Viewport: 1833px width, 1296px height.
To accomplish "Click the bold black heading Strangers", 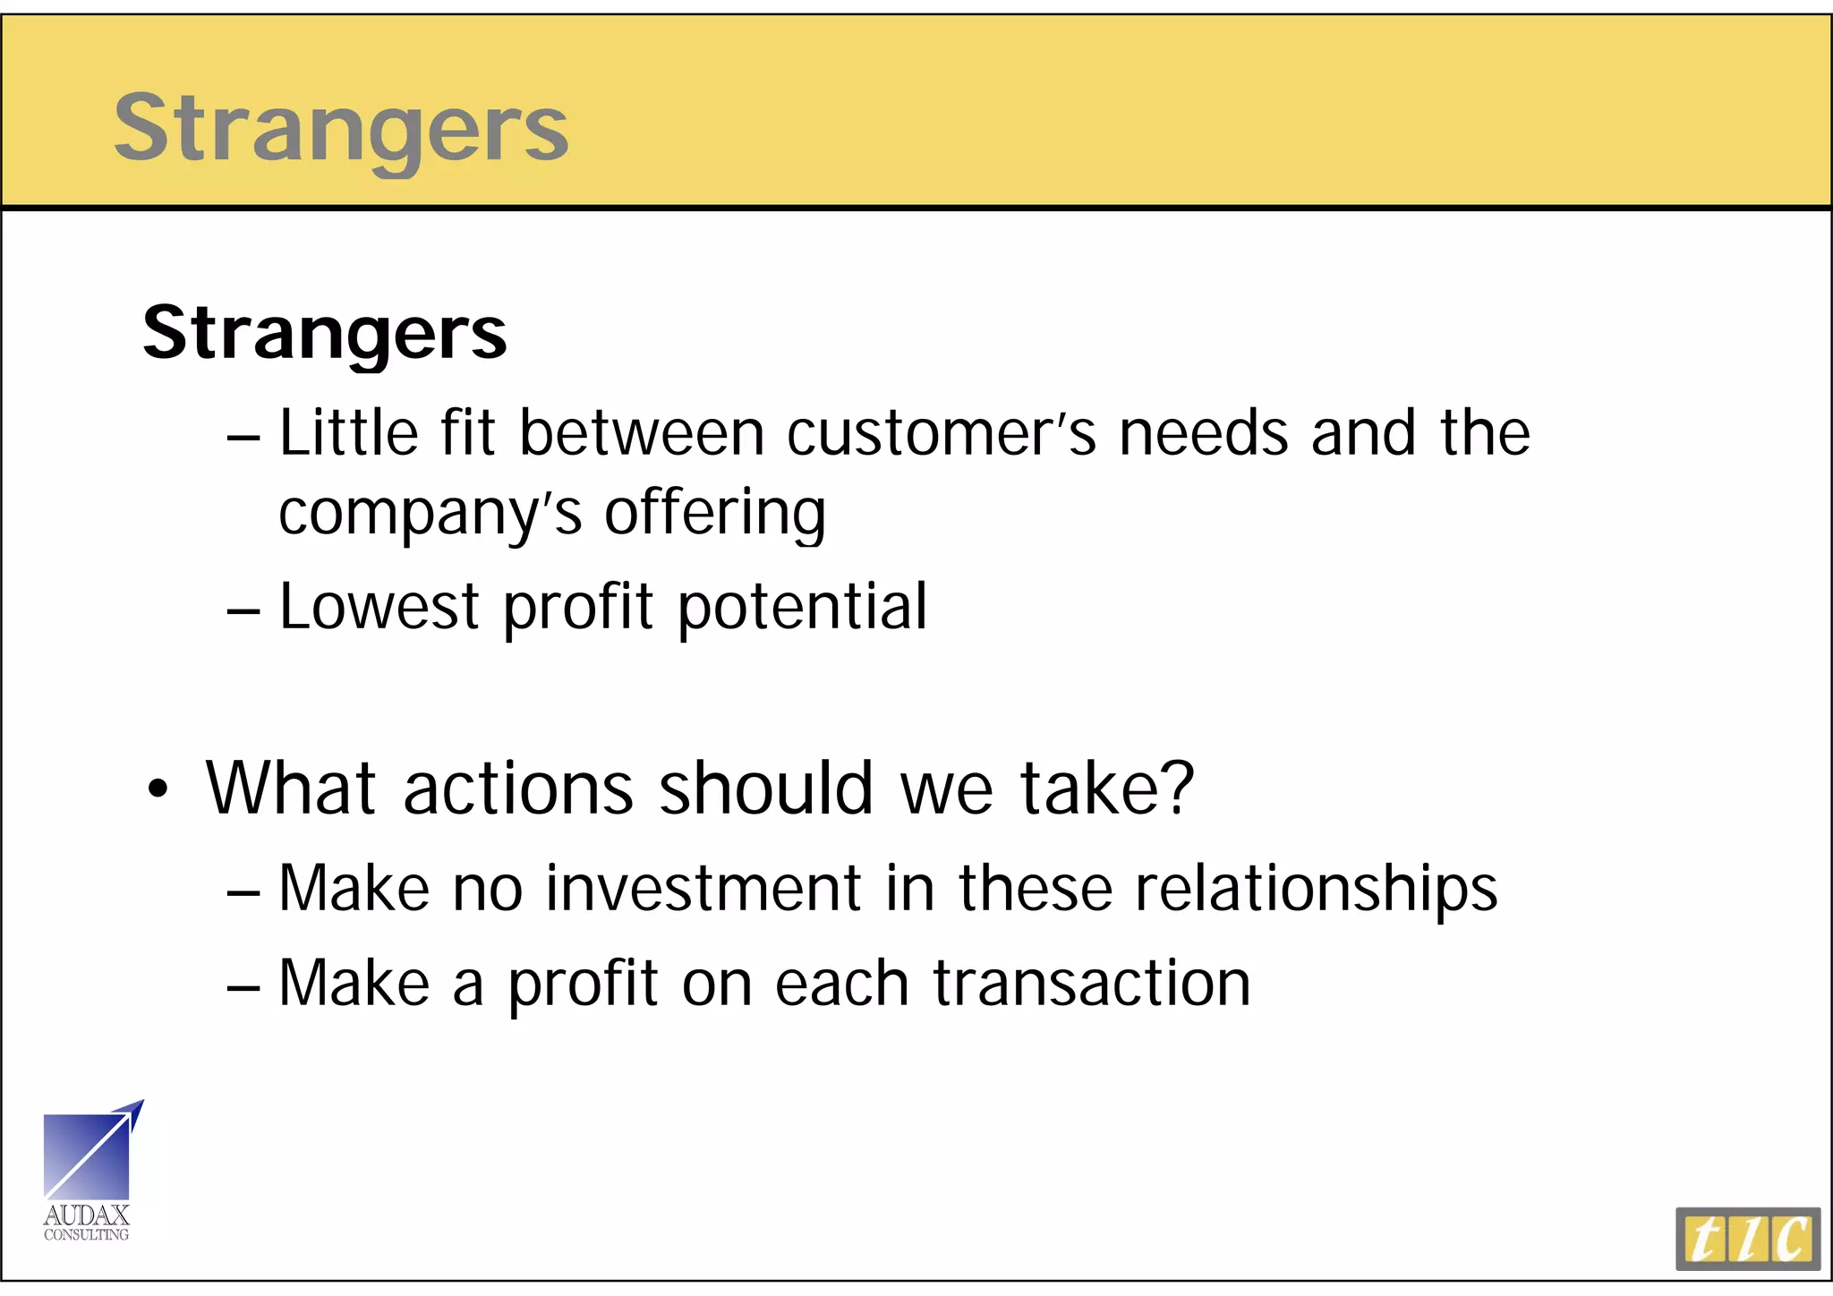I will point(325,333).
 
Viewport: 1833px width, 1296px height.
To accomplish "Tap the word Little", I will point(349,433).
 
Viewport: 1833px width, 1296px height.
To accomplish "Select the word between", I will point(642,433).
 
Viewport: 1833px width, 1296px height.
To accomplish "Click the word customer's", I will point(942,433).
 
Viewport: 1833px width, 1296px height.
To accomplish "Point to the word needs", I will point(1204,433).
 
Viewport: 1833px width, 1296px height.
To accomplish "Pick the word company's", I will point(431,515).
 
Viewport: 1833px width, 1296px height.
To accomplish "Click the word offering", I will point(715,515).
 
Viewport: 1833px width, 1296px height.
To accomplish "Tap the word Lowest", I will point(379,607).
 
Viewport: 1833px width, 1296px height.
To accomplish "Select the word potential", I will point(803,607).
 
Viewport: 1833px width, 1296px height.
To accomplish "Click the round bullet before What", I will point(158,789).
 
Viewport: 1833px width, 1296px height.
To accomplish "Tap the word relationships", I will point(1317,890).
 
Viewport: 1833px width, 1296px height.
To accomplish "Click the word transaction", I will point(1092,983).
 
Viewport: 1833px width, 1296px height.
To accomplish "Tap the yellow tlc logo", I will point(1748,1239).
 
